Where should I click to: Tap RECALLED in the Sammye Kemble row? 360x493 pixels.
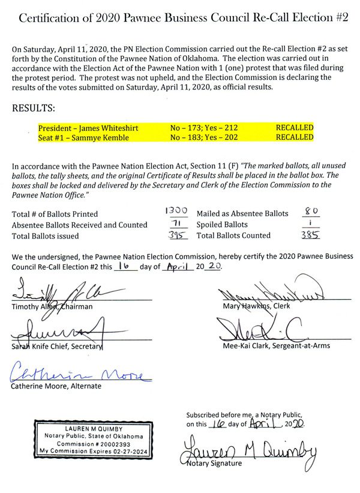tap(295, 137)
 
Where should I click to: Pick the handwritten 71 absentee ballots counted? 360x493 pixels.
tap(176, 223)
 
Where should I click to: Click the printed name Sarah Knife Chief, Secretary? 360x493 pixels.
tap(57, 347)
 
